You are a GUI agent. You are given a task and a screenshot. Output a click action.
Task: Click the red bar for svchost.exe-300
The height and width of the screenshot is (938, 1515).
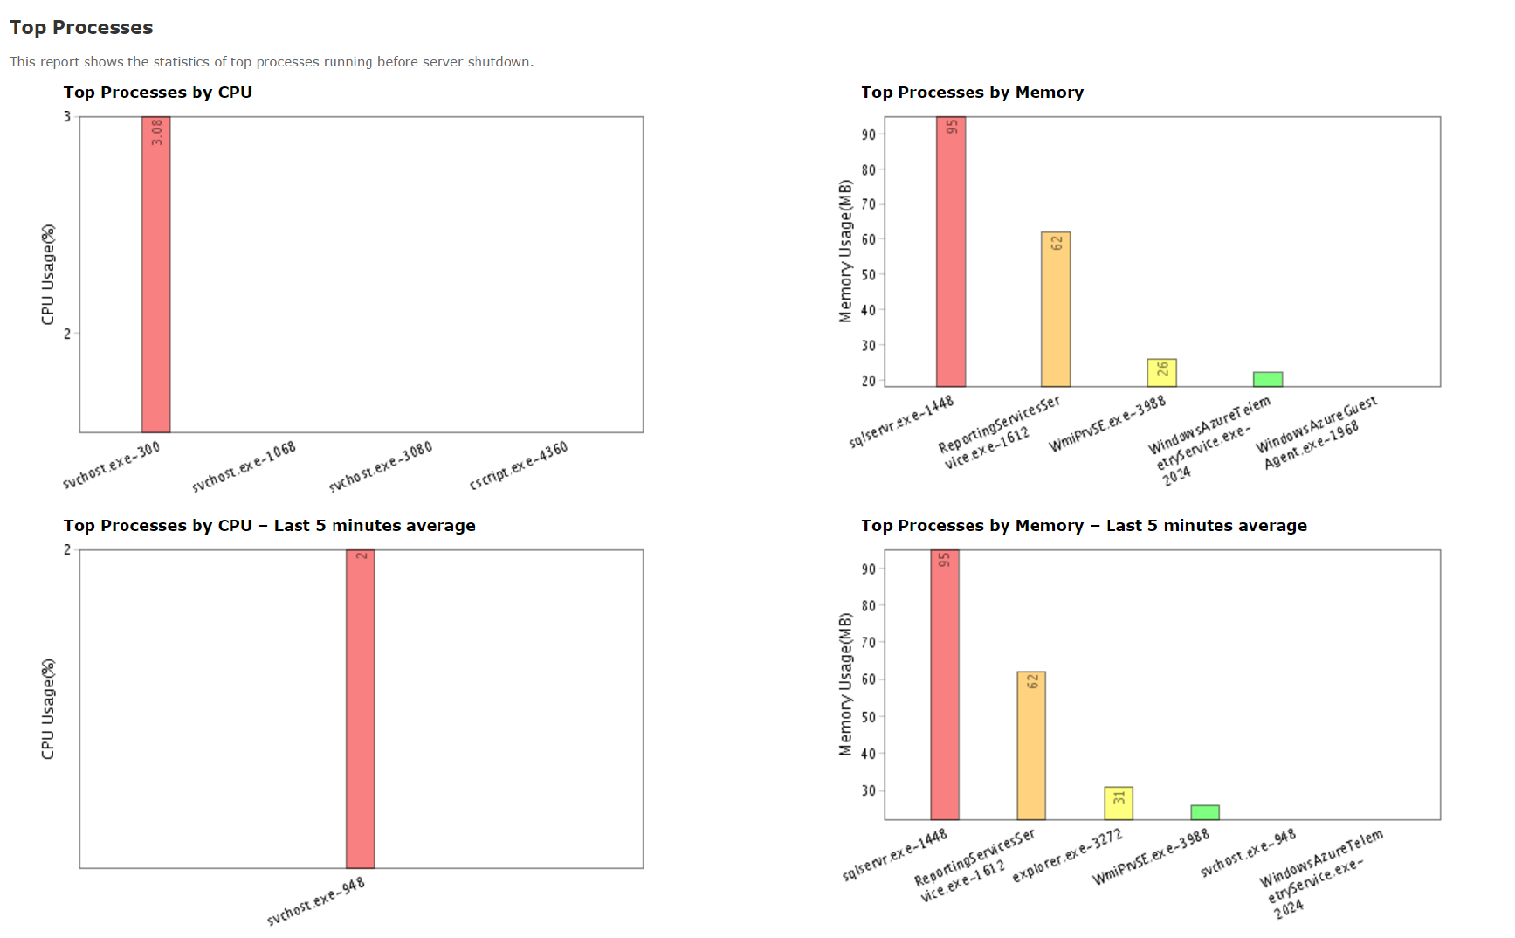(x=156, y=279)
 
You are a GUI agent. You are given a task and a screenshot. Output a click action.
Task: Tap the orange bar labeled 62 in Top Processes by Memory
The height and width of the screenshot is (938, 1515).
(x=1056, y=314)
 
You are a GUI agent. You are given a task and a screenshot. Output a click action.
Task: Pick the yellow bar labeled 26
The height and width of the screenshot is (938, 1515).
(x=1161, y=373)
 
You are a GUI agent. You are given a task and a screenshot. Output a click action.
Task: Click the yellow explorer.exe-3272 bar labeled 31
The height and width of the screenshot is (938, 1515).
(x=1119, y=804)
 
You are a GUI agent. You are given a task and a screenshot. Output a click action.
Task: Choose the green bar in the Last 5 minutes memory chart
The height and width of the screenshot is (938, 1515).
(x=1205, y=812)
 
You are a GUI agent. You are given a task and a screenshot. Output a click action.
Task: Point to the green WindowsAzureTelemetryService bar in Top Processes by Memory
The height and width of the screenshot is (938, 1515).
(x=1268, y=379)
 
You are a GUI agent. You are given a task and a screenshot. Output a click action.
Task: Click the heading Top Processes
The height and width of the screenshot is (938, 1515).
(x=81, y=28)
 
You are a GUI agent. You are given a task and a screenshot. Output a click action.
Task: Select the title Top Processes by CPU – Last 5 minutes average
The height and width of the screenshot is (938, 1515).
(x=269, y=526)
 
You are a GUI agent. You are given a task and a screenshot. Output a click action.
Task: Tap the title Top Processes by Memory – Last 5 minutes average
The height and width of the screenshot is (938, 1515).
(x=1083, y=526)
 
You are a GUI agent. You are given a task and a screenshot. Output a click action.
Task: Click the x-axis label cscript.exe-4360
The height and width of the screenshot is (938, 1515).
(x=519, y=465)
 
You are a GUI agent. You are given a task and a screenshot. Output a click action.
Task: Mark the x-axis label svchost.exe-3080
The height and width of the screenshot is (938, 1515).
(x=381, y=467)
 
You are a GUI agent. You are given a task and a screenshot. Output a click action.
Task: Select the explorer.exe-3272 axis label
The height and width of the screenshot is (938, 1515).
(x=1067, y=856)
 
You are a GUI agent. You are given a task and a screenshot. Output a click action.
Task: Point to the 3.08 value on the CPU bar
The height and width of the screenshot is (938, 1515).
(x=156, y=132)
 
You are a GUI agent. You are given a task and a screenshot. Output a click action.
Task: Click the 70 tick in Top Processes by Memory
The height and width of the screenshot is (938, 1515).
(x=868, y=204)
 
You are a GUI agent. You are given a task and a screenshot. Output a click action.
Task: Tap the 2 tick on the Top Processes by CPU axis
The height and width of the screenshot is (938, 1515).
(x=67, y=333)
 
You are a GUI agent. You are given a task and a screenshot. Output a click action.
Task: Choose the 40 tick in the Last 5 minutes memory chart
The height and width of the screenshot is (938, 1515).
(x=868, y=754)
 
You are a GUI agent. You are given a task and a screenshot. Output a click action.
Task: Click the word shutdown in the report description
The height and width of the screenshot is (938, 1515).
(x=499, y=62)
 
